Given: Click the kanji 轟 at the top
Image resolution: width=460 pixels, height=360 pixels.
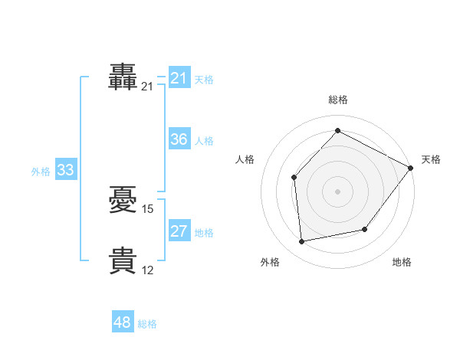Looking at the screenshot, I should click(x=123, y=77).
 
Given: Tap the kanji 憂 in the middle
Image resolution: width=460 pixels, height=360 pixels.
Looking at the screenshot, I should click(x=123, y=201).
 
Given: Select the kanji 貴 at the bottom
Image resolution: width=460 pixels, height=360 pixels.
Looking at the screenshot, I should click(x=123, y=260).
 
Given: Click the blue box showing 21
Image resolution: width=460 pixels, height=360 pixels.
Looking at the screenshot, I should click(x=179, y=78).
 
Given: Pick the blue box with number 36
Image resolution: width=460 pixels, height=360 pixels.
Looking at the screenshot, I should click(x=179, y=139).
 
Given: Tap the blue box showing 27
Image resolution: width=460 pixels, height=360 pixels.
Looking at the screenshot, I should click(x=179, y=231).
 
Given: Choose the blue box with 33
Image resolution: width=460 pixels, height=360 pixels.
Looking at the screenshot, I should click(x=65, y=170).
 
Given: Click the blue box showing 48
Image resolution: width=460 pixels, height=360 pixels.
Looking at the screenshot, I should click(x=123, y=322).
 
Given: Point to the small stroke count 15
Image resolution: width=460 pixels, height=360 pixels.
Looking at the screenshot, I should click(x=148, y=209).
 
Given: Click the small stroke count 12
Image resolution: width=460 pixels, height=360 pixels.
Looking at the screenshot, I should click(x=148, y=270).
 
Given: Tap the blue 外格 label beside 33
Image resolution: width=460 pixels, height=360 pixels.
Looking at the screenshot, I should click(x=41, y=172).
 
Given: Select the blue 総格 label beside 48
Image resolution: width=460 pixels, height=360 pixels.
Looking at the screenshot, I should click(x=147, y=324).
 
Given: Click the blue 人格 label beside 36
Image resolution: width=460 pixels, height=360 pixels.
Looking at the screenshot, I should click(x=204, y=141).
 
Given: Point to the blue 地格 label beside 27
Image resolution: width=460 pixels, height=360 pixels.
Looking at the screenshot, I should click(x=204, y=233).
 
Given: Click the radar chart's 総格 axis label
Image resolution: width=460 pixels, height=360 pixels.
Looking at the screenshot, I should click(x=337, y=100).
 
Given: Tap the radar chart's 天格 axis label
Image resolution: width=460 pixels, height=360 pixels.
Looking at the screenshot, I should click(x=431, y=159).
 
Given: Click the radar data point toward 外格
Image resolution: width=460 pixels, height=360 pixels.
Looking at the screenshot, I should click(x=302, y=242).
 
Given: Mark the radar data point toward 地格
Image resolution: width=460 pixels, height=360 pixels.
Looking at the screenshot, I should click(x=365, y=230).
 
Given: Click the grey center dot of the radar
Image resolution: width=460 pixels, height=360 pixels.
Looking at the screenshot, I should click(x=337, y=191).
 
